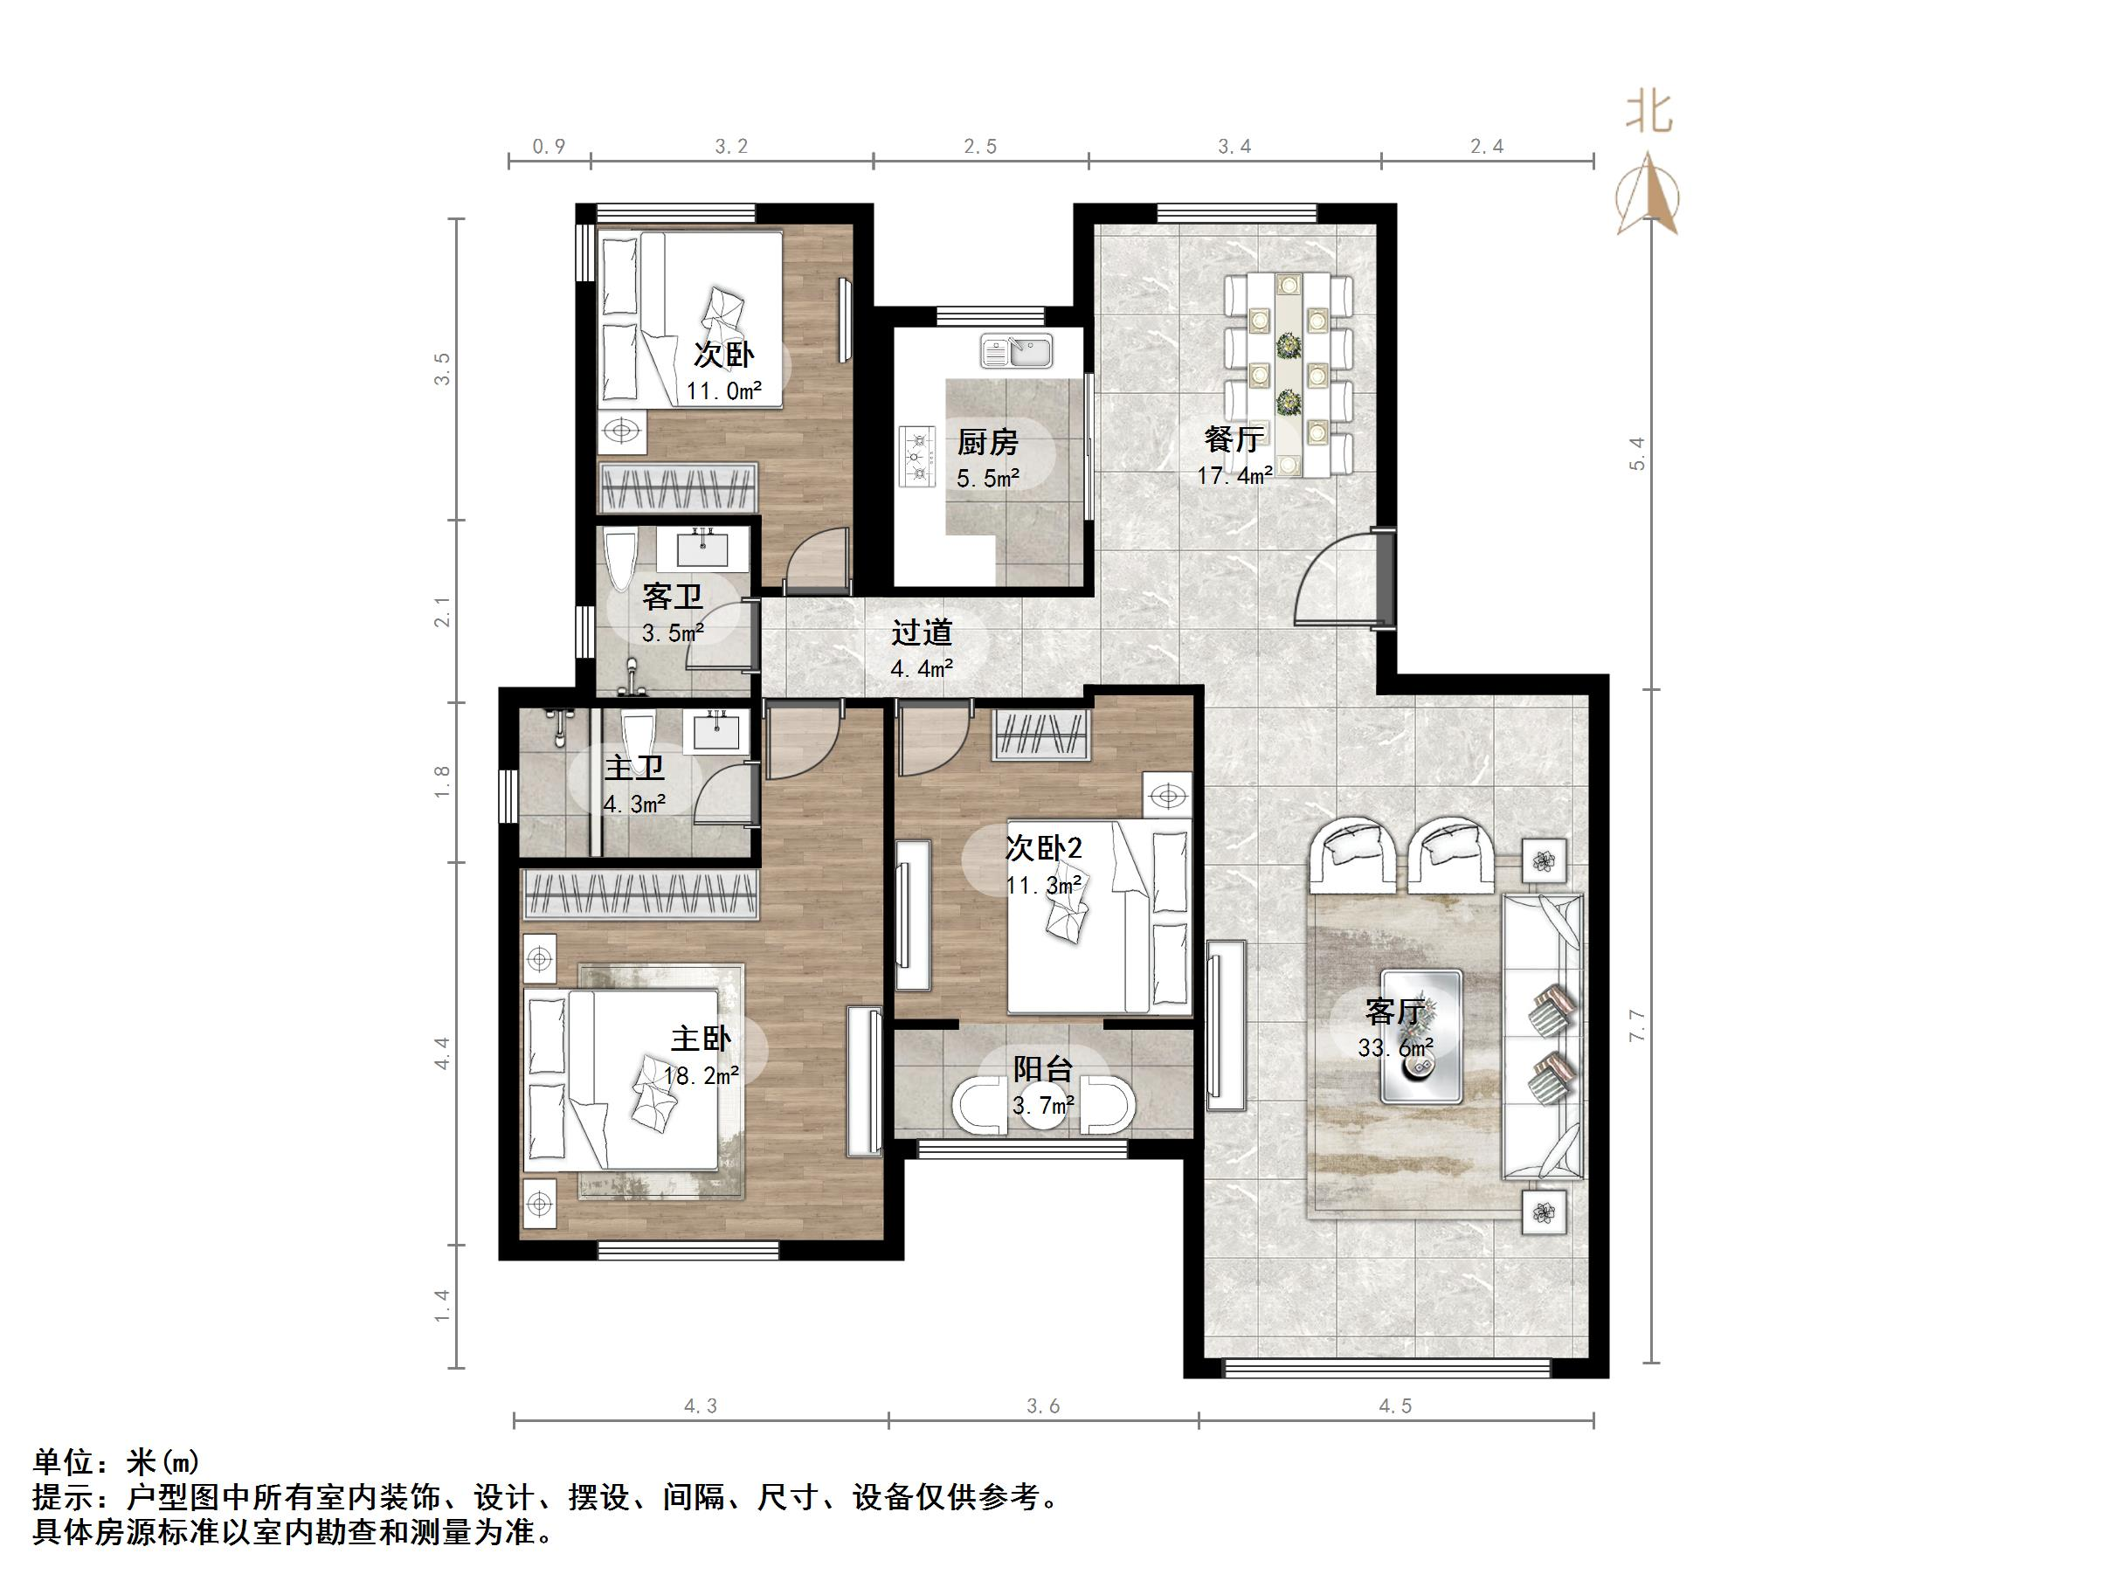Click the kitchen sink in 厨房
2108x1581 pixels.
pos(1016,352)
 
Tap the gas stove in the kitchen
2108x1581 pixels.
pos(919,459)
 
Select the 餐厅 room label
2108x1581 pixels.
pos(1234,439)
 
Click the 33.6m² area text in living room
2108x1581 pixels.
pos(1395,1048)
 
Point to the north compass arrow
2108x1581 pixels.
pos(1649,196)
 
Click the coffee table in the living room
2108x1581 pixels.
pos(1423,1037)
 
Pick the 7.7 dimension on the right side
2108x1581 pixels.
pos(1637,1025)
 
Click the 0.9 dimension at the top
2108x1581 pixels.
pos(549,147)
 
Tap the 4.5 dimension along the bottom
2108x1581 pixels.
pos(1395,1406)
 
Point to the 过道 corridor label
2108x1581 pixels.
pos(922,632)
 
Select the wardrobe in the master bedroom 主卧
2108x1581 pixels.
pos(641,894)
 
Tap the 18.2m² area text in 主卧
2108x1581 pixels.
pos(702,1077)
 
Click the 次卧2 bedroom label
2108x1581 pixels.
pos(1044,847)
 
